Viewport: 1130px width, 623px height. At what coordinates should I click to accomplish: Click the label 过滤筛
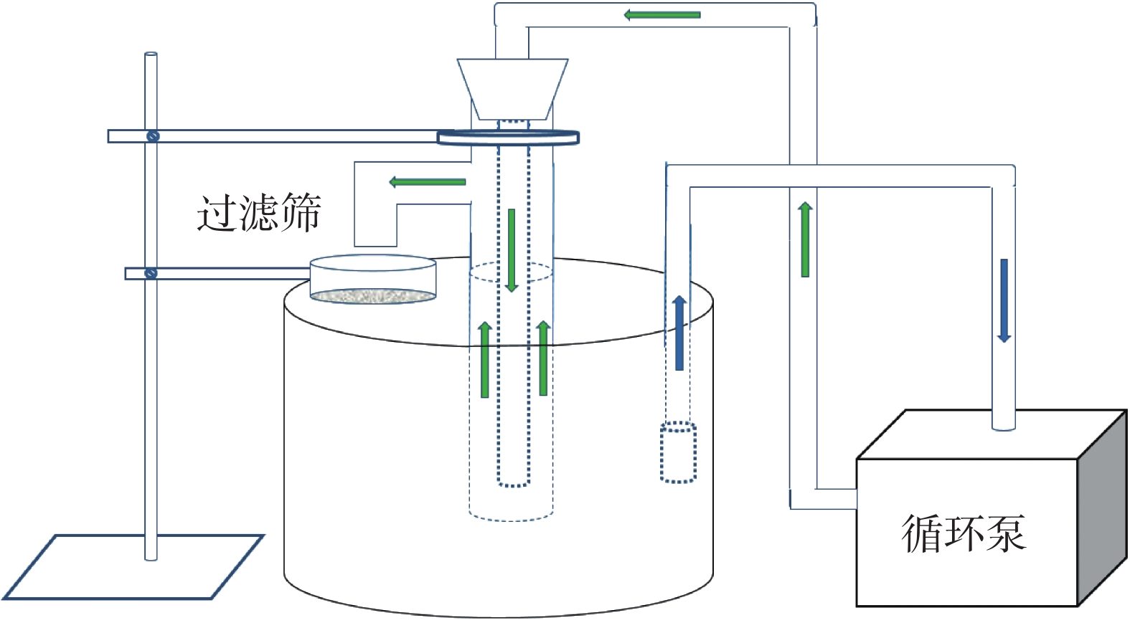[x=259, y=212]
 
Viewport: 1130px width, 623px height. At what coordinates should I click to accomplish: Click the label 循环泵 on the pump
[x=964, y=534]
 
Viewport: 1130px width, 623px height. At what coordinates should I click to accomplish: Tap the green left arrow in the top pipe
[x=661, y=14]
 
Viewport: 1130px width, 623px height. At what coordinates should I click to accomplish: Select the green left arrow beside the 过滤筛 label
[x=428, y=181]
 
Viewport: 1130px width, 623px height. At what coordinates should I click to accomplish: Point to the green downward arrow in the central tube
[x=512, y=250]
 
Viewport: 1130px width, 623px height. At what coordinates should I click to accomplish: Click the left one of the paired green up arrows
[x=485, y=359]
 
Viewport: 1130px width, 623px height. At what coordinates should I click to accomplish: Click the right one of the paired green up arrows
[x=543, y=358]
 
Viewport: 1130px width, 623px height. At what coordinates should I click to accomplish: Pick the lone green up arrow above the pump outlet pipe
[x=805, y=239]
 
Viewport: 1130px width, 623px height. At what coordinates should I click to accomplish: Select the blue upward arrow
[x=679, y=333]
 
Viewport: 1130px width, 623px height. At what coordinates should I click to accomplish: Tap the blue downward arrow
[x=1004, y=301]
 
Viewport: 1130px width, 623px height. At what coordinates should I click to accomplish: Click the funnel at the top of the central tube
[x=512, y=89]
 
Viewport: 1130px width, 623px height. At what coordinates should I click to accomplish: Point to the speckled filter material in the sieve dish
[x=373, y=296]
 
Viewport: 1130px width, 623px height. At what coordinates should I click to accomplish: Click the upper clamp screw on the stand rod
[x=153, y=136]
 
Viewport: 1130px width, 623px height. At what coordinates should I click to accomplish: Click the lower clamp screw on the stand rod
[x=151, y=273]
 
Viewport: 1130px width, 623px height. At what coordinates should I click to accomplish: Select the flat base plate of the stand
[x=133, y=567]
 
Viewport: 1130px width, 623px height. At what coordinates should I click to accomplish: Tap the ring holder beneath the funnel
[x=508, y=137]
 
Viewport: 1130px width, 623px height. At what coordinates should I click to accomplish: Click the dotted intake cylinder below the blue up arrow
[x=679, y=452]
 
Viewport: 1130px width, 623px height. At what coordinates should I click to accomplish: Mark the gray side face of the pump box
[x=1102, y=508]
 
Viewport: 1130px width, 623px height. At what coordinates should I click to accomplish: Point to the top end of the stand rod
[x=151, y=54]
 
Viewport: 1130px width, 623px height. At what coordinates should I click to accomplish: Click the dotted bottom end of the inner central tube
[x=514, y=483]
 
